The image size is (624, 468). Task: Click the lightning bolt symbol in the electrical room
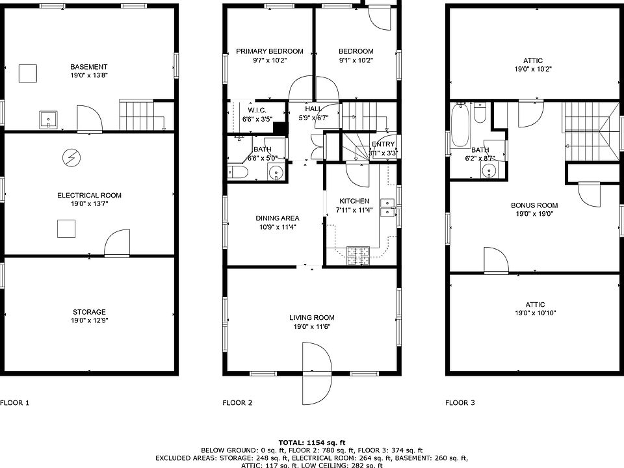coord(71,158)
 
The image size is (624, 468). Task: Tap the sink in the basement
coord(48,120)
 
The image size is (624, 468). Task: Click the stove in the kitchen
coord(358,256)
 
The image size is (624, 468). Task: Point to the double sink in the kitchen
coord(387,208)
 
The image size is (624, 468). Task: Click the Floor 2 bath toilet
coord(238,172)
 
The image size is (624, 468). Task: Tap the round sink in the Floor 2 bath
coord(276,172)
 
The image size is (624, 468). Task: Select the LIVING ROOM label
coord(311,318)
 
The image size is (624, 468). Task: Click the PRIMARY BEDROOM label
coord(269,51)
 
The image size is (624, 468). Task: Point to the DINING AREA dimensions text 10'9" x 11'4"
coord(278,227)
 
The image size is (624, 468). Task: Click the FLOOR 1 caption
coord(15,403)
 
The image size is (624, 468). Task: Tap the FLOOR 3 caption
coord(460,403)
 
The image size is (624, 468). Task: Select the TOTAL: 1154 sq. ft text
coord(312,443)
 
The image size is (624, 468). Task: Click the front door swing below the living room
coord(317,373)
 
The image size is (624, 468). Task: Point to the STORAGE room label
coord(89,312)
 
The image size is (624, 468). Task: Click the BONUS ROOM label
coord(534,205)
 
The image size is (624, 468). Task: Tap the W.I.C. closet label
coord(257,110)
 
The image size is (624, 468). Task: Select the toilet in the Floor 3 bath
coord(480,113)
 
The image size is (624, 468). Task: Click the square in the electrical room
coord(66,229)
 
